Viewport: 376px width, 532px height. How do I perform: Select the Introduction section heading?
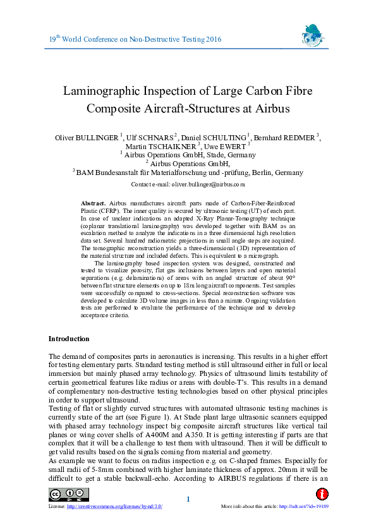coord(69,339)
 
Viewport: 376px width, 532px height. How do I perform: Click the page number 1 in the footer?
coord(188,500)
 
